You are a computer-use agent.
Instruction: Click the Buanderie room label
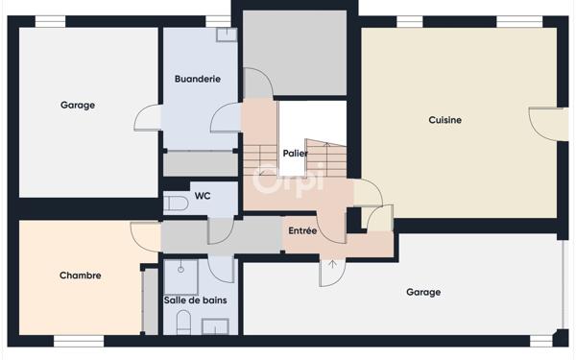pos(199,79)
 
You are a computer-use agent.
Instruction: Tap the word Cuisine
pos(444,120)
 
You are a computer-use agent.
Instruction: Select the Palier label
pos(295,153)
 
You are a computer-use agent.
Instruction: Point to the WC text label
pos(203,196)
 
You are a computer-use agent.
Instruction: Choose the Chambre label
pos(80,276)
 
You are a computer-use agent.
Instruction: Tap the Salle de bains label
pos(195,300)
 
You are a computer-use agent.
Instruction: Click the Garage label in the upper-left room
pos(78,106)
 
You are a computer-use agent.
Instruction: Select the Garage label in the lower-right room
pos(423,292)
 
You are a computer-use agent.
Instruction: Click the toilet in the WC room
pos(176,203)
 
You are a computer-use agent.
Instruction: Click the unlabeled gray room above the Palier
pos(294,53)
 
